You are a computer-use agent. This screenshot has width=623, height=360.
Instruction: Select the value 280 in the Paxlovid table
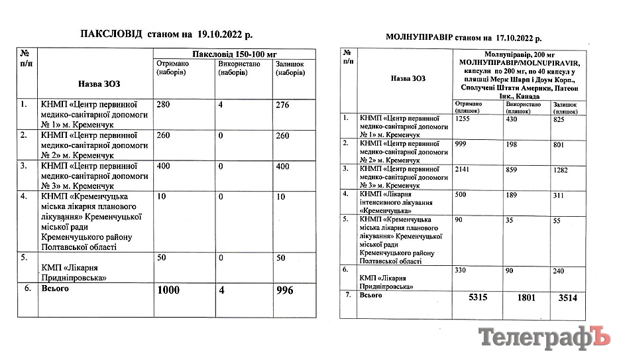(x=163, y=104)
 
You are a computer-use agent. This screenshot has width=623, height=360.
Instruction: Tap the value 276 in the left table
(x=282, y=104)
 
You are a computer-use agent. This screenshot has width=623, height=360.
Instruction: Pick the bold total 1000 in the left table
(x=170, y=291)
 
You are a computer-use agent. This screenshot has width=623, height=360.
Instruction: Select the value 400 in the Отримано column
(x=163, y=166)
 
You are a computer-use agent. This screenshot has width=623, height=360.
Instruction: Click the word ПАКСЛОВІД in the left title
(x=111, y=33)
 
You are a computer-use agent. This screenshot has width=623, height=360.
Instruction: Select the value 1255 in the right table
(x=464, y=118)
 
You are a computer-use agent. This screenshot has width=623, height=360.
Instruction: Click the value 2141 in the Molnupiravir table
(x=464, y=168)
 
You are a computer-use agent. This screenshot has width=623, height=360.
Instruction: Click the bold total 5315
(x=477, y=298)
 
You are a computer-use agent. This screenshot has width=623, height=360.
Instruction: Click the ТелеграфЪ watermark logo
(x=543, y=338)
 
